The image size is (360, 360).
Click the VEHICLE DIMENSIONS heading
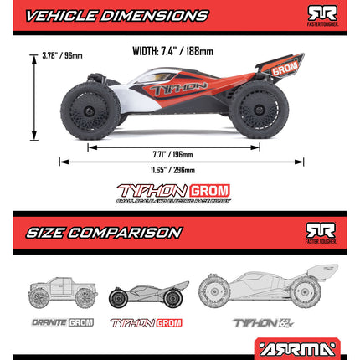[117, 15]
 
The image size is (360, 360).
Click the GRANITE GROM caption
[62, 322]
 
